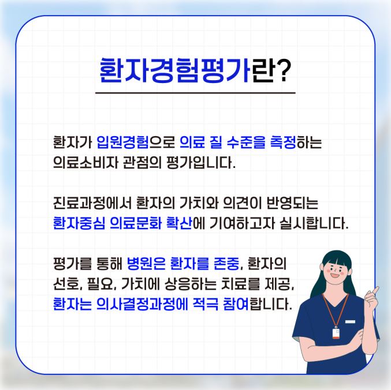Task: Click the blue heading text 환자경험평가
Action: (174, 70)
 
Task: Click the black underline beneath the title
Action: (195, 93)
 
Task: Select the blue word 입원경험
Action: (122, 142)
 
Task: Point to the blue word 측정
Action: (283, 142)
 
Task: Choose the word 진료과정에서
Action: (92, 203)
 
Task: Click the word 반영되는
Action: (292, 203)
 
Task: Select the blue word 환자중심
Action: (79, 223)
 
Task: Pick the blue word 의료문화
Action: (136, 223)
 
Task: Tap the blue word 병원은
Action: (146, 264)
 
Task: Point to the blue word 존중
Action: (226, 264)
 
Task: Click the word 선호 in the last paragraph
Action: (66, 284)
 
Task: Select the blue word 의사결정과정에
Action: (142, 304)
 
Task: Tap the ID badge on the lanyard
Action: (336, 333)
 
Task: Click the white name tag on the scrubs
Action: (350, 321)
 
